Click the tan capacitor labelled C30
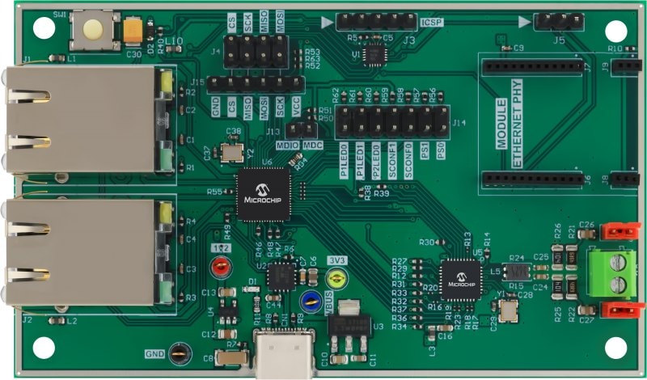coord(133,30)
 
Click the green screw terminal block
coord(611,272)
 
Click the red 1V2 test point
coord(219,265)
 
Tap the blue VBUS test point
coord(309,302)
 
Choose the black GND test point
coord(180,353)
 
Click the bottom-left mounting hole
coord(44,349)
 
